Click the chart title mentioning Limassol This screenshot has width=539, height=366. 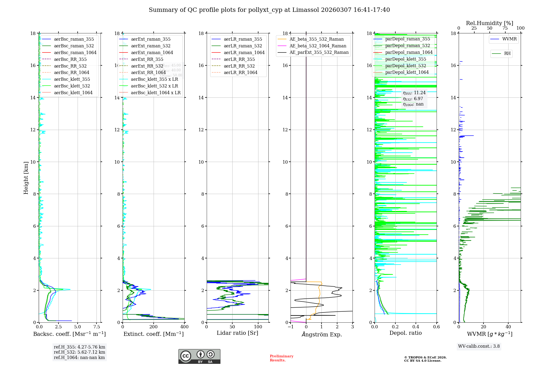point(269,10)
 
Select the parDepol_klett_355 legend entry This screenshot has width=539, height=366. point(406,59)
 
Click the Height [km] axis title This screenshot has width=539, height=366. point(26,178)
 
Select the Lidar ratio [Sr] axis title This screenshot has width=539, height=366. point(237,333)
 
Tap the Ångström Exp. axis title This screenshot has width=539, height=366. point(322,335)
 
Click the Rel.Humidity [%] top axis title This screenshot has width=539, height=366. point(489,23)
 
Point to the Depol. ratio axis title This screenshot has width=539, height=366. point(405,333)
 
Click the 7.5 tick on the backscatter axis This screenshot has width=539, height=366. point(97,327)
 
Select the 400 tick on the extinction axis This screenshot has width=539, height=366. point(184,327)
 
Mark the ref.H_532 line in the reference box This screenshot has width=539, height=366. point(80,352)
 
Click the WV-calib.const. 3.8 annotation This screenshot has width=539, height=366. point(479,346)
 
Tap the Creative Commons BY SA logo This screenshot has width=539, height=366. point(199,356)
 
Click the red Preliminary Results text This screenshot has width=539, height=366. point(281,358)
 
